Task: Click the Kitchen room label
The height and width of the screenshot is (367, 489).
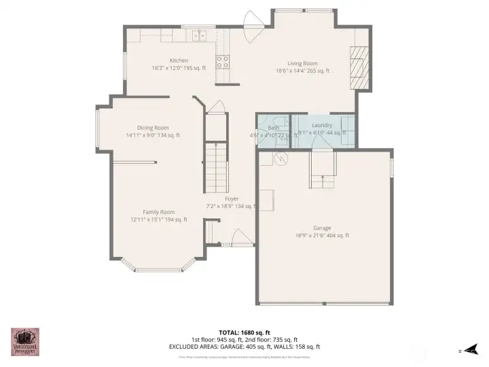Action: [x=179, y=60]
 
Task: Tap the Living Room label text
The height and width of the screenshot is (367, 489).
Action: [x=302, y=63]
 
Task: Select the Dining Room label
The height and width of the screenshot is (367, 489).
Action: [x=153, y=128]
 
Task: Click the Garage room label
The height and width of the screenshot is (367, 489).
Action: [x=322, y=228]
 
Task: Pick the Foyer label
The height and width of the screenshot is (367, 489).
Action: [x=232, y=198]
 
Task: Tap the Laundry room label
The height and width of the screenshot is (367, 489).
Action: [x=322, y=125]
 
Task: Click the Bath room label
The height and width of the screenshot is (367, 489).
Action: [x=273, y=128]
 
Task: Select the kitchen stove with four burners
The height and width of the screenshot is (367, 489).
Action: [x=222, y=63]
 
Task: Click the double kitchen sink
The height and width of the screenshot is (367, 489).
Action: [x=198, y=36]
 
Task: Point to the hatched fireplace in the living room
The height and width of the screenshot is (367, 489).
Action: [x=359, y=68]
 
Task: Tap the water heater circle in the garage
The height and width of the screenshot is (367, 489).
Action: [x=282, y=158]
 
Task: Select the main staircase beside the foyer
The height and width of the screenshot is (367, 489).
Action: [x=215, y=167]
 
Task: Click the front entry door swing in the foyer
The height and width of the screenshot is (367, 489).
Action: [x=241, y=237]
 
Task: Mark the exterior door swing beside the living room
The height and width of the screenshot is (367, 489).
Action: [x=253, y=23]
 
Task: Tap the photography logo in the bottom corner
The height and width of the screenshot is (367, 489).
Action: [x=24, y=342]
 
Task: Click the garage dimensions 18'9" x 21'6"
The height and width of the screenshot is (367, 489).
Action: [x=322, y=235]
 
